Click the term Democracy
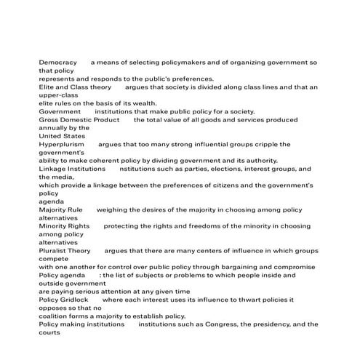click(x=57, y=63)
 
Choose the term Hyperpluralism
click(x=63, y=144)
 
